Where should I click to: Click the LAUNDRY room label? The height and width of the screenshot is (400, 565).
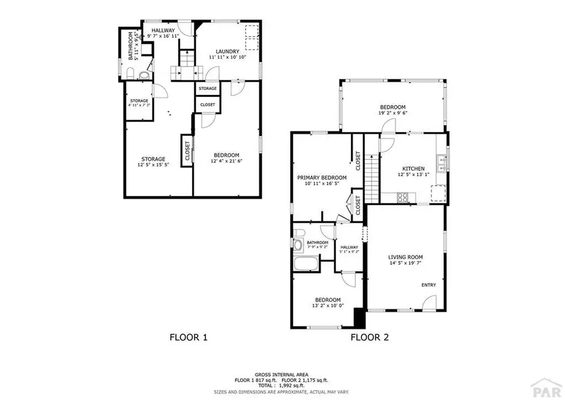pyautogui.click(x=227, y=52)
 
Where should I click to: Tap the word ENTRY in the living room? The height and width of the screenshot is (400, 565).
pyautogui.click(x=428, y=285)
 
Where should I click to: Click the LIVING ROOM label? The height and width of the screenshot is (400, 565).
pyautogui.click(x=405, y=257)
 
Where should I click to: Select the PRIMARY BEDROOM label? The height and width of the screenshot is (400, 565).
pyautogui.click(x=321, y=177)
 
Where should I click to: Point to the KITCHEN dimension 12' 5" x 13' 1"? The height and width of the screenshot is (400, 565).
pyautogui.click(x=414, y=175)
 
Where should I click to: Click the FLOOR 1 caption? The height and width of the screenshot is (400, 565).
pyautogui.click(x=188, y=337)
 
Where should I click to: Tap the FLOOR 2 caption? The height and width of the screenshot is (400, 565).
pyautogui.click(x=369, y=337)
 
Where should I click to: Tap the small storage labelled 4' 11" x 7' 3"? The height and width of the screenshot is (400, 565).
pyautogui.click(x=139, y=103)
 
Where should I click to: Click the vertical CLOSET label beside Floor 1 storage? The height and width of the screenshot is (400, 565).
pyautogui.click(x=187, y=150)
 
